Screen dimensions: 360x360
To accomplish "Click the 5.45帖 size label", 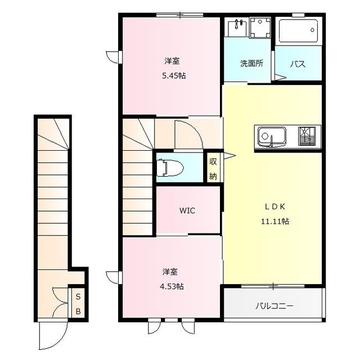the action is tap(174, 76).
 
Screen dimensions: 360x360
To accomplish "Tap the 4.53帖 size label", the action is tap(172, 286).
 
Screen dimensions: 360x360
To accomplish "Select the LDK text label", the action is tap(275, 207).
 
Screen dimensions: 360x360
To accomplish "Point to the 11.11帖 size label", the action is tap(275, 221).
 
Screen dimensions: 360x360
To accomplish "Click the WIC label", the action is tap(187, 210).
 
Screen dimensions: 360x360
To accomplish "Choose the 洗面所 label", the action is tap(251, 64).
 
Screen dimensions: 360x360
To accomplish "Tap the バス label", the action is tap(298, 64).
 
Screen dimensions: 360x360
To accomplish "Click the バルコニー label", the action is tap(274, 306).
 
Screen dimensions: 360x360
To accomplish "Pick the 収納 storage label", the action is tap(213, 169).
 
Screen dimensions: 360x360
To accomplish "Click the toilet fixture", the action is tap(170, 168).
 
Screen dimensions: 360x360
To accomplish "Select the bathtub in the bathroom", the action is tap(298, 31).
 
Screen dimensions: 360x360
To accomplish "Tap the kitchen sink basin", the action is tap(272, 137).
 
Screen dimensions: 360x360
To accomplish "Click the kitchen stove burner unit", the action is tap(307, 136).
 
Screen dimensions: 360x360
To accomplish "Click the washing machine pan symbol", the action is tap(260, 28).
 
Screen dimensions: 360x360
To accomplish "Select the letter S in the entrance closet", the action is tap(78, 296).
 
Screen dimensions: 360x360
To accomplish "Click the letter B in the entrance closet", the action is tap(78, 312).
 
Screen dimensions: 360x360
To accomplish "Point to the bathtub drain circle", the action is tap(312, 30).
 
